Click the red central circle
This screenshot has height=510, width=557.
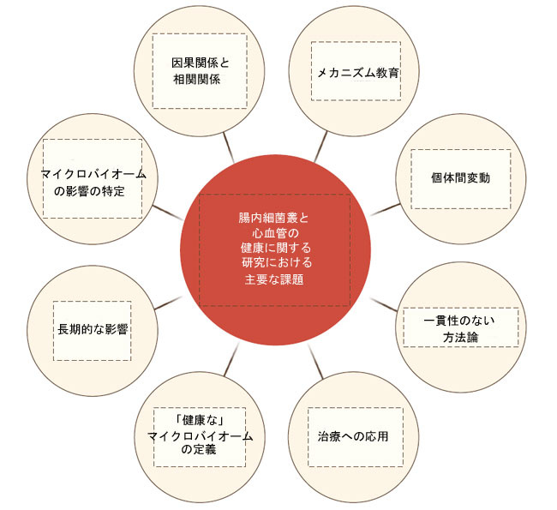275,249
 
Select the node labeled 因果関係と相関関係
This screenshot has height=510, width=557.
200,71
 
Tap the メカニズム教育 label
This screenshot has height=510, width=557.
358,73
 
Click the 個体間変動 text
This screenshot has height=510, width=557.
460,177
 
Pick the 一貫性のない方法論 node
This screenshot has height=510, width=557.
461,327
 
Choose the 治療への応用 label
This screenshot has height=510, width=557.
353,436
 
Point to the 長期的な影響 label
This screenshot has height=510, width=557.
93,329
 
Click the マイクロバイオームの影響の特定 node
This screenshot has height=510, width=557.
93,179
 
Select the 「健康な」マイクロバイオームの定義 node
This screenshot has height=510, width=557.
200,437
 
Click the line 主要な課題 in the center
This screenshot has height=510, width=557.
274,279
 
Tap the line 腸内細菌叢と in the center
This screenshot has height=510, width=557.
273,218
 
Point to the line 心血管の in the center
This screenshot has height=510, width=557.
275,233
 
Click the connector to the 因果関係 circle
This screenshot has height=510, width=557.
229,147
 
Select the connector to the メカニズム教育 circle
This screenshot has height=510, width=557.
320,147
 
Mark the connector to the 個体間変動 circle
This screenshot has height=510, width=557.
386,209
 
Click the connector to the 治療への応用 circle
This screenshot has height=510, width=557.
315,361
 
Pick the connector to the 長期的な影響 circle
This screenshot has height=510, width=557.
168,303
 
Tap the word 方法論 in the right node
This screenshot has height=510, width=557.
460,337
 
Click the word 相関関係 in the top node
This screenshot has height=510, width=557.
197,79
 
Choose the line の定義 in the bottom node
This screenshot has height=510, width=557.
199,449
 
